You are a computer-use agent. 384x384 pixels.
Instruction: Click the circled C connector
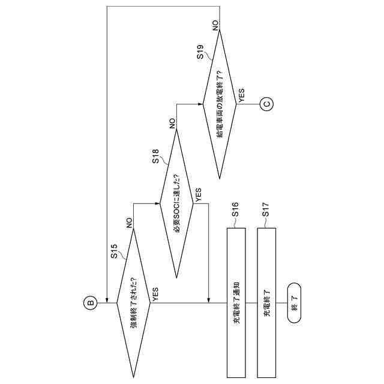click(268, 104)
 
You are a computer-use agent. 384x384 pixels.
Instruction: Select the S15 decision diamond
click(133, 303)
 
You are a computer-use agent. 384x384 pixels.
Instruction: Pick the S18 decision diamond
click(176, 203)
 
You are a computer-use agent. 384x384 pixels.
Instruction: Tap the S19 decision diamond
click(220, 103)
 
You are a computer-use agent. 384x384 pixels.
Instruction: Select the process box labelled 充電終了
click(266, 302)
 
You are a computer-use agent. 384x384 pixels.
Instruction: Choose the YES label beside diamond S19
click(242, 94)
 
